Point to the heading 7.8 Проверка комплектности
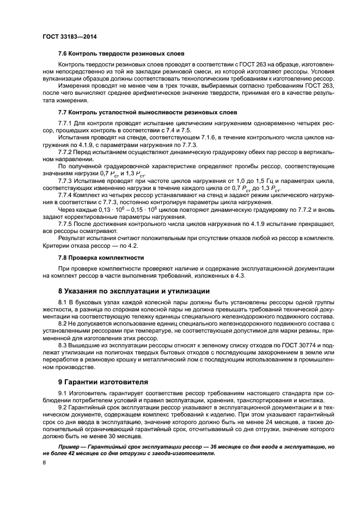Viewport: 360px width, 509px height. pos(101,257)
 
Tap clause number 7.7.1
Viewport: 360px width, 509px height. pos(66,124)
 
